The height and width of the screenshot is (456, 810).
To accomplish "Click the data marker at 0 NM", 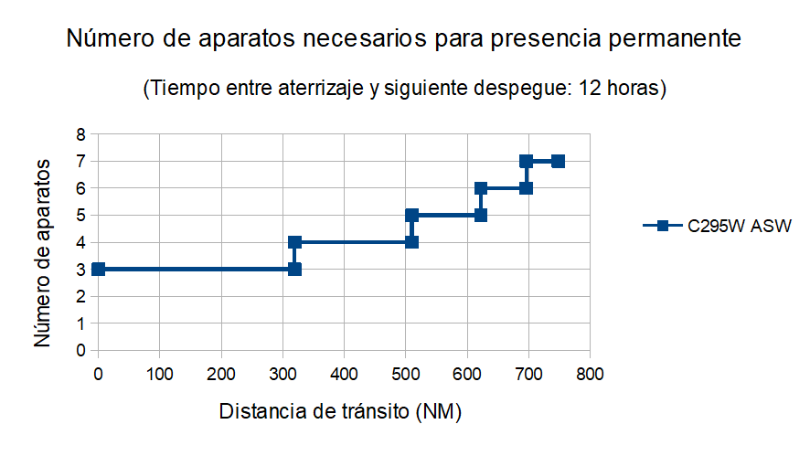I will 99,269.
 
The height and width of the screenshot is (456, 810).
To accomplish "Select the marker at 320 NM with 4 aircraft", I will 294,242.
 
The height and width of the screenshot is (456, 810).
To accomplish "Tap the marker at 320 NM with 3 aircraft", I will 294,269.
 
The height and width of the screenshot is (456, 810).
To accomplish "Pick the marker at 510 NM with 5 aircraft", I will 411,216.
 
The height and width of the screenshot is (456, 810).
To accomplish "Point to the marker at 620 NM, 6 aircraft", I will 481,188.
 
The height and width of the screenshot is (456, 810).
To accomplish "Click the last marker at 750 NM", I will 558,162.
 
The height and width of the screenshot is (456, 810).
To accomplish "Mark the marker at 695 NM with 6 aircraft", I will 526,188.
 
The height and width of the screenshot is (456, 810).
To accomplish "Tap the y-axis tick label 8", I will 80,134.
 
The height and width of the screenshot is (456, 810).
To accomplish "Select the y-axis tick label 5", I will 80,216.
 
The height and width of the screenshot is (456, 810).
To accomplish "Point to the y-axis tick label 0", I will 80,350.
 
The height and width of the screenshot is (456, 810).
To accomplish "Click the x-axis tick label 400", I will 344,373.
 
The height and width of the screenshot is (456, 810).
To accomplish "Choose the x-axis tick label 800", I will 590,373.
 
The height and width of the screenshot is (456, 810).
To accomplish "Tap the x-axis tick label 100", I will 160,373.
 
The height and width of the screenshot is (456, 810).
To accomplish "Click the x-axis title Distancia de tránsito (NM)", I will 340,411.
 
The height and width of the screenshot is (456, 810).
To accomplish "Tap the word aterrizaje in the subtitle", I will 311,89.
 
